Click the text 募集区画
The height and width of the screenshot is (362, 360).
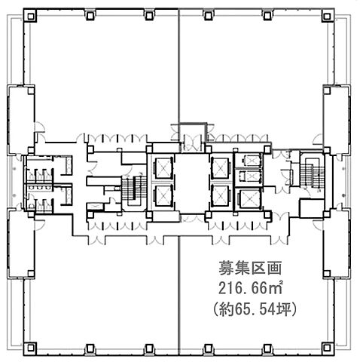point(249,268)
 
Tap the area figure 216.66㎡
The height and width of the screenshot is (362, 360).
point(250,288)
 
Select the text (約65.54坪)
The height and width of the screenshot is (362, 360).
point(255,309)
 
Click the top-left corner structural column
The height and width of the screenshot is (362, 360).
point(31,17)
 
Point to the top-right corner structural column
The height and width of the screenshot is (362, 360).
point(327,17)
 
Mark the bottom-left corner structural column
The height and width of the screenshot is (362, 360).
point(31,348)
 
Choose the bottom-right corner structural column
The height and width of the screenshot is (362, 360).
point(327,348)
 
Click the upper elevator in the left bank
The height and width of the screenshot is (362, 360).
point(163,167)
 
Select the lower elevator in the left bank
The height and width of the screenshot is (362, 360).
point(163,195)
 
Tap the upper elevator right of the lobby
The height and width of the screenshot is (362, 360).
point(220,167)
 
